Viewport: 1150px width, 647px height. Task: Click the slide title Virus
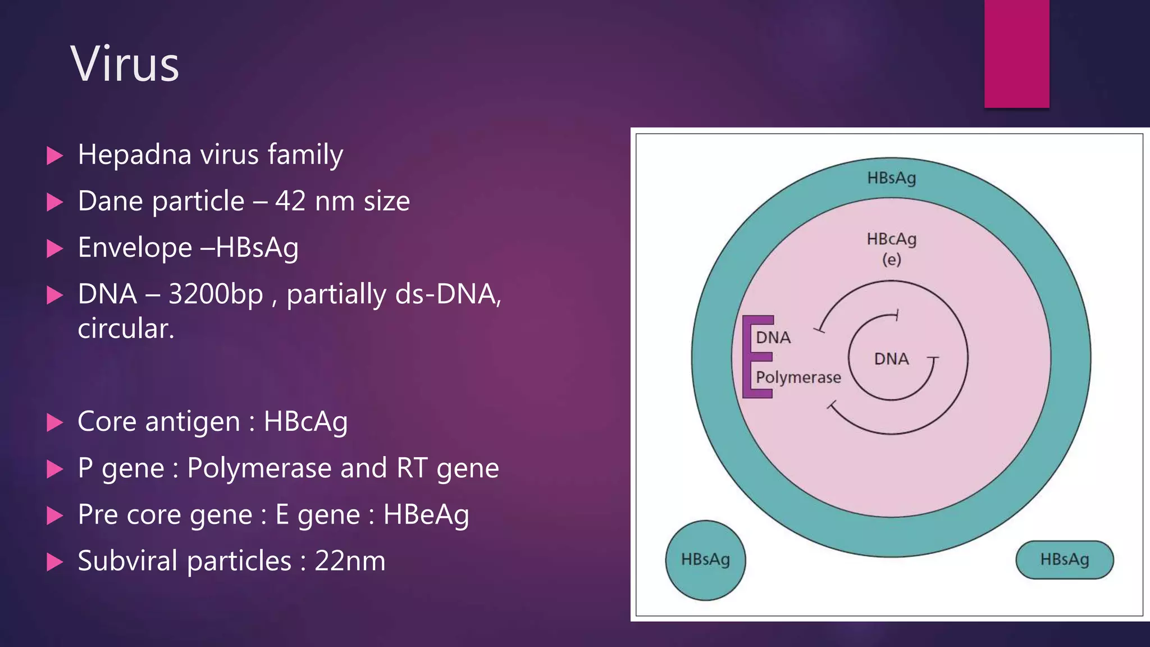click(125, 64)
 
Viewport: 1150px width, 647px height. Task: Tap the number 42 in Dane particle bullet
click(290, 201)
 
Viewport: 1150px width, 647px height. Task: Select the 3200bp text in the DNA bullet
click(216, 294)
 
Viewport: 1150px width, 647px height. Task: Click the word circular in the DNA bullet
click(125, 329)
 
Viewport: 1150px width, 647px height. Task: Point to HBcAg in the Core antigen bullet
click(305, 422)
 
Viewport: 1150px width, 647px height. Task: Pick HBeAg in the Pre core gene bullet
click(426, 515)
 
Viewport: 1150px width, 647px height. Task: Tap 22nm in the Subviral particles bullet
click(350, 561)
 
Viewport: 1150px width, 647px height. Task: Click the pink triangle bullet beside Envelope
click(54, 248)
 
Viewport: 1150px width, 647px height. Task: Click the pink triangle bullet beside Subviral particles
click(54, 562)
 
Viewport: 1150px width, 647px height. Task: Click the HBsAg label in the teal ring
click(891, 178)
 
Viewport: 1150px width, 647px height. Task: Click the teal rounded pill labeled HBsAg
click(1064, 559)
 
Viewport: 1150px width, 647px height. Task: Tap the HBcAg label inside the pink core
click(891, 239)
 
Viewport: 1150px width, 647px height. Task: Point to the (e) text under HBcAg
click(891, 259)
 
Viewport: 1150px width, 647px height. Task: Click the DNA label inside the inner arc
click(891, 359)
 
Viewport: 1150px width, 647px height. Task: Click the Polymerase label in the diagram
click(798, 377)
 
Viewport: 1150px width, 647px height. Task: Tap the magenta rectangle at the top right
click(1016, 53)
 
